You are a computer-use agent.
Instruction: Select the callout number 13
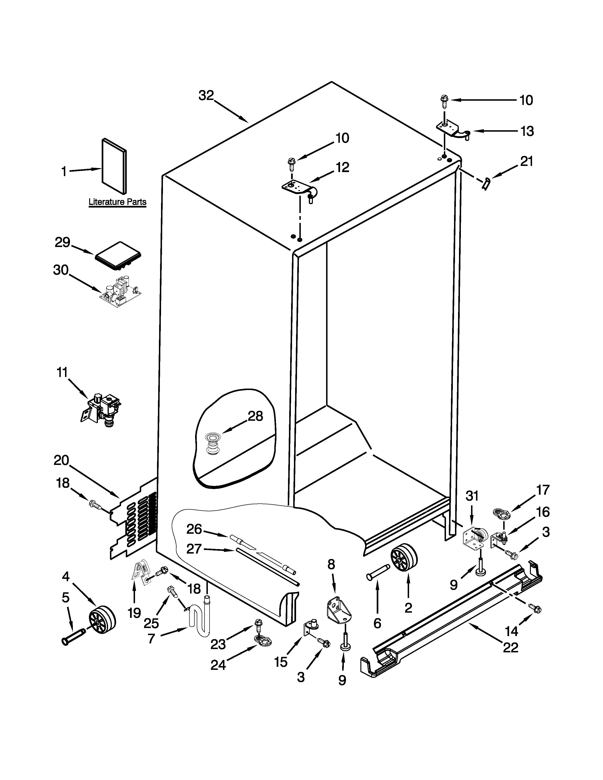coord(527,131)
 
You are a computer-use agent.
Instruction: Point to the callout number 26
coord(194,529)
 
